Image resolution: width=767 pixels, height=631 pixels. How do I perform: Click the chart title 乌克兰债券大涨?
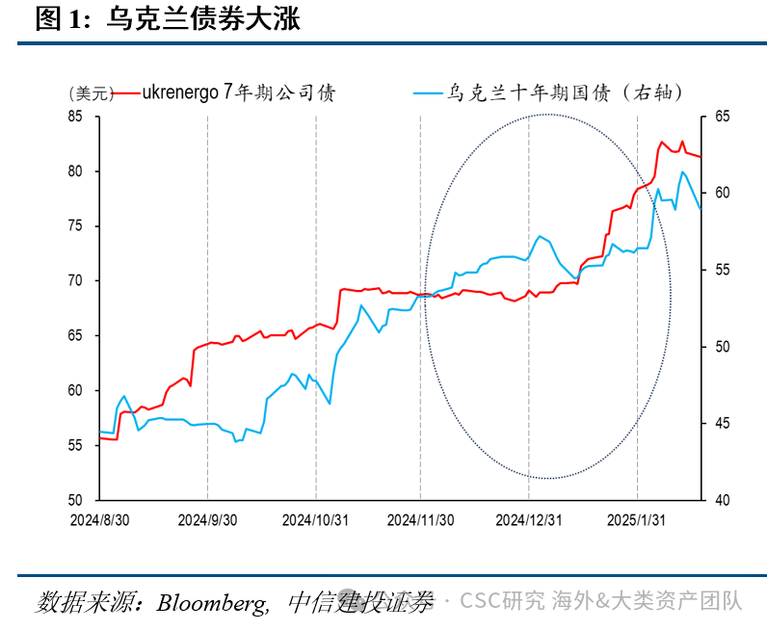203,19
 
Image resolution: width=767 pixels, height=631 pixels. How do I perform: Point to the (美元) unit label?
92,92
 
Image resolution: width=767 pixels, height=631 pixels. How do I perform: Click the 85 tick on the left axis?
75,117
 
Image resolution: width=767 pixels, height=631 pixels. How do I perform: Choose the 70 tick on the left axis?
75,280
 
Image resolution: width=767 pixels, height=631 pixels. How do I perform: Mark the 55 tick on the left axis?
75,445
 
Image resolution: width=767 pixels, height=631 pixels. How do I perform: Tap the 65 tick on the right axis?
722,117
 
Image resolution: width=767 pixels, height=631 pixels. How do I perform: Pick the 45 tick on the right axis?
722,423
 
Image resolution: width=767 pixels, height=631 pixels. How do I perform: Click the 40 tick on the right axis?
722,500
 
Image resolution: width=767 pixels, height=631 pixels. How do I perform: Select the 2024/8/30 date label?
100,520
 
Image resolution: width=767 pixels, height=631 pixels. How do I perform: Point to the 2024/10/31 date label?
315,520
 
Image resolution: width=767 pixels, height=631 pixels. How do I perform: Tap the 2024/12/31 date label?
529,520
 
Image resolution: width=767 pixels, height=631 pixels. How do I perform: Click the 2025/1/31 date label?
636,520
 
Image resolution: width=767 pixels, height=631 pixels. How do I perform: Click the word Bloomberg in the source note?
212,603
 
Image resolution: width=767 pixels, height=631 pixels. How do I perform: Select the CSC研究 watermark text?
502,601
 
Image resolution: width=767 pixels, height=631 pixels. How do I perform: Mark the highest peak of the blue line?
682,171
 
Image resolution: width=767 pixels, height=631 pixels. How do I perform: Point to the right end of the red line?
701,157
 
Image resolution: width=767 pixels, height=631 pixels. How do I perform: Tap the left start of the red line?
100,438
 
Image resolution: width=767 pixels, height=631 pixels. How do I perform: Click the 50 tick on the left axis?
75,500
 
